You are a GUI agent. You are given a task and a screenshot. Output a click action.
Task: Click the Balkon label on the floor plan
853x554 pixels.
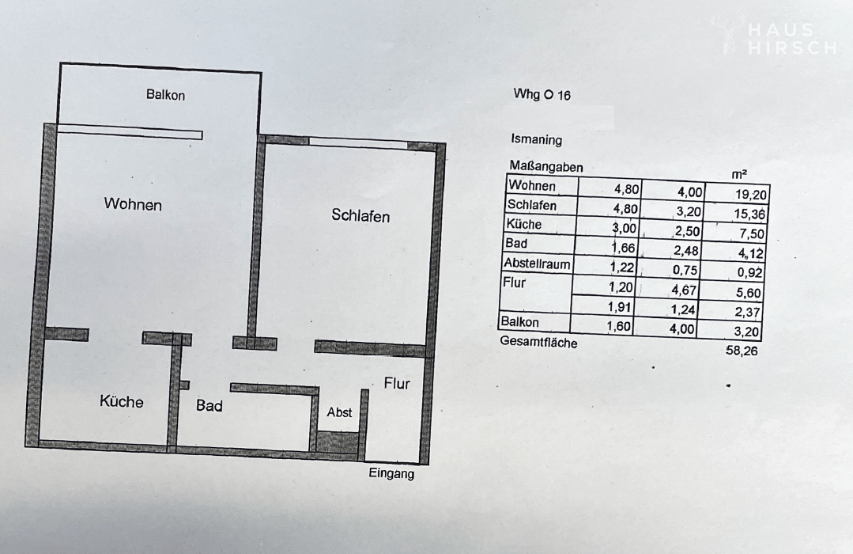coord(165,95)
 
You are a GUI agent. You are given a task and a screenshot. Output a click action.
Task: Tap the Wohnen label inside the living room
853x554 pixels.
coord(133,204)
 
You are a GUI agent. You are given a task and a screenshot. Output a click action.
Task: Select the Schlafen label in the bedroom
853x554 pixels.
coord(360,216)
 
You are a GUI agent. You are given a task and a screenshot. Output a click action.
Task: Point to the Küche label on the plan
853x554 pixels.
coord(121,401)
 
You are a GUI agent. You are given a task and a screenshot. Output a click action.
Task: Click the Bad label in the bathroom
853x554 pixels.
coord(209,405)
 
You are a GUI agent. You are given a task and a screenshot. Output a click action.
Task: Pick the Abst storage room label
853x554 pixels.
coord(339,412)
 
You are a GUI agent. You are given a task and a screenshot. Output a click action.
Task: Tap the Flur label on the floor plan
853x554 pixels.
coord(397,384)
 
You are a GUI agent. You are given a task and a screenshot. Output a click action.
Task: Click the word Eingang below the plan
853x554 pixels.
coord(391,473)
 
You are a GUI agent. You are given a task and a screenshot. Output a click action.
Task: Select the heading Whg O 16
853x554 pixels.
coord(542,95)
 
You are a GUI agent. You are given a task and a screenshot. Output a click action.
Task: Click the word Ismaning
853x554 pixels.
coord(537,139)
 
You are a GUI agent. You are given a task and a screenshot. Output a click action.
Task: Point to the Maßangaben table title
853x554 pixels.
coord(545,166)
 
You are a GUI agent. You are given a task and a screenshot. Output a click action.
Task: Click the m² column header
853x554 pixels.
coord(739,174)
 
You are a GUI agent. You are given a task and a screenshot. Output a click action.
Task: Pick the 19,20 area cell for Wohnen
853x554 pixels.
coord(751,195)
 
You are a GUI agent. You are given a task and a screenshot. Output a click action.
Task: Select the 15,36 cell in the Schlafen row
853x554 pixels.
coord(749,214)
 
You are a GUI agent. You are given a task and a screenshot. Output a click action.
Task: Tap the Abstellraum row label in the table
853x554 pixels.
coord(537,264)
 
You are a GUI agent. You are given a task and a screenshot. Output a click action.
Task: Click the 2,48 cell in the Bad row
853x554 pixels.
coord(685,251)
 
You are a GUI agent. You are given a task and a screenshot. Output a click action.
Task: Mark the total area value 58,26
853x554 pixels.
coord(742,351)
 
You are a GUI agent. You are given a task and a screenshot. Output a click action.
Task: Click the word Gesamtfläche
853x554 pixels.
coord(538,342)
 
